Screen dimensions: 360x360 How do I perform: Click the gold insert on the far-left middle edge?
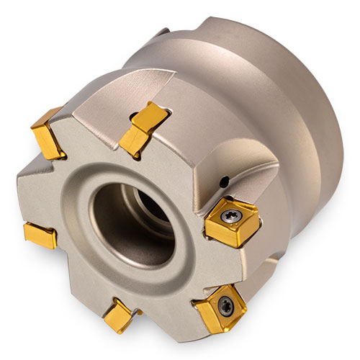[x=40, y=234]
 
